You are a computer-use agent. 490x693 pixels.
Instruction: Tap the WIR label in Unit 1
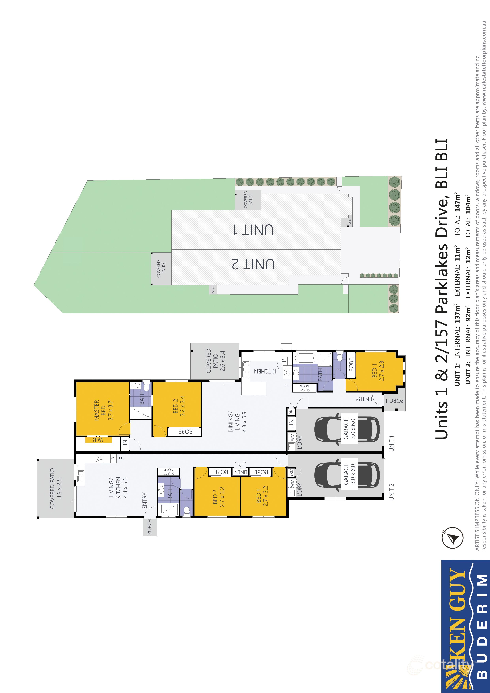[98, 440]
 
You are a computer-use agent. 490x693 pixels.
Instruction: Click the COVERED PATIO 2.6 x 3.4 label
[215, 361]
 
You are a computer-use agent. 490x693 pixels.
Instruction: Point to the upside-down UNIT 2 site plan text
[253, 264]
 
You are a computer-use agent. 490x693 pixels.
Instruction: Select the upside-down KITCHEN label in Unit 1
[265, 371]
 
